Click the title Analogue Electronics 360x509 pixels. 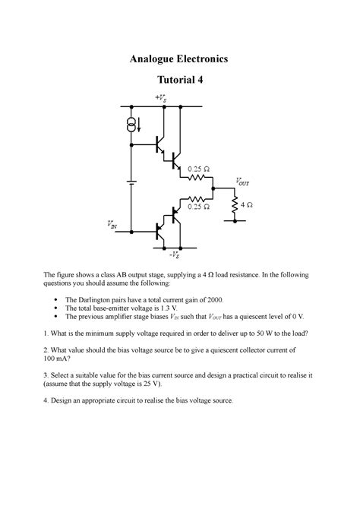[180, 58]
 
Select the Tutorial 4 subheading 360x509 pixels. [180, 81]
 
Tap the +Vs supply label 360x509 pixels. [161, 99]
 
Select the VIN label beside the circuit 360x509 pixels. [112, 224]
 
